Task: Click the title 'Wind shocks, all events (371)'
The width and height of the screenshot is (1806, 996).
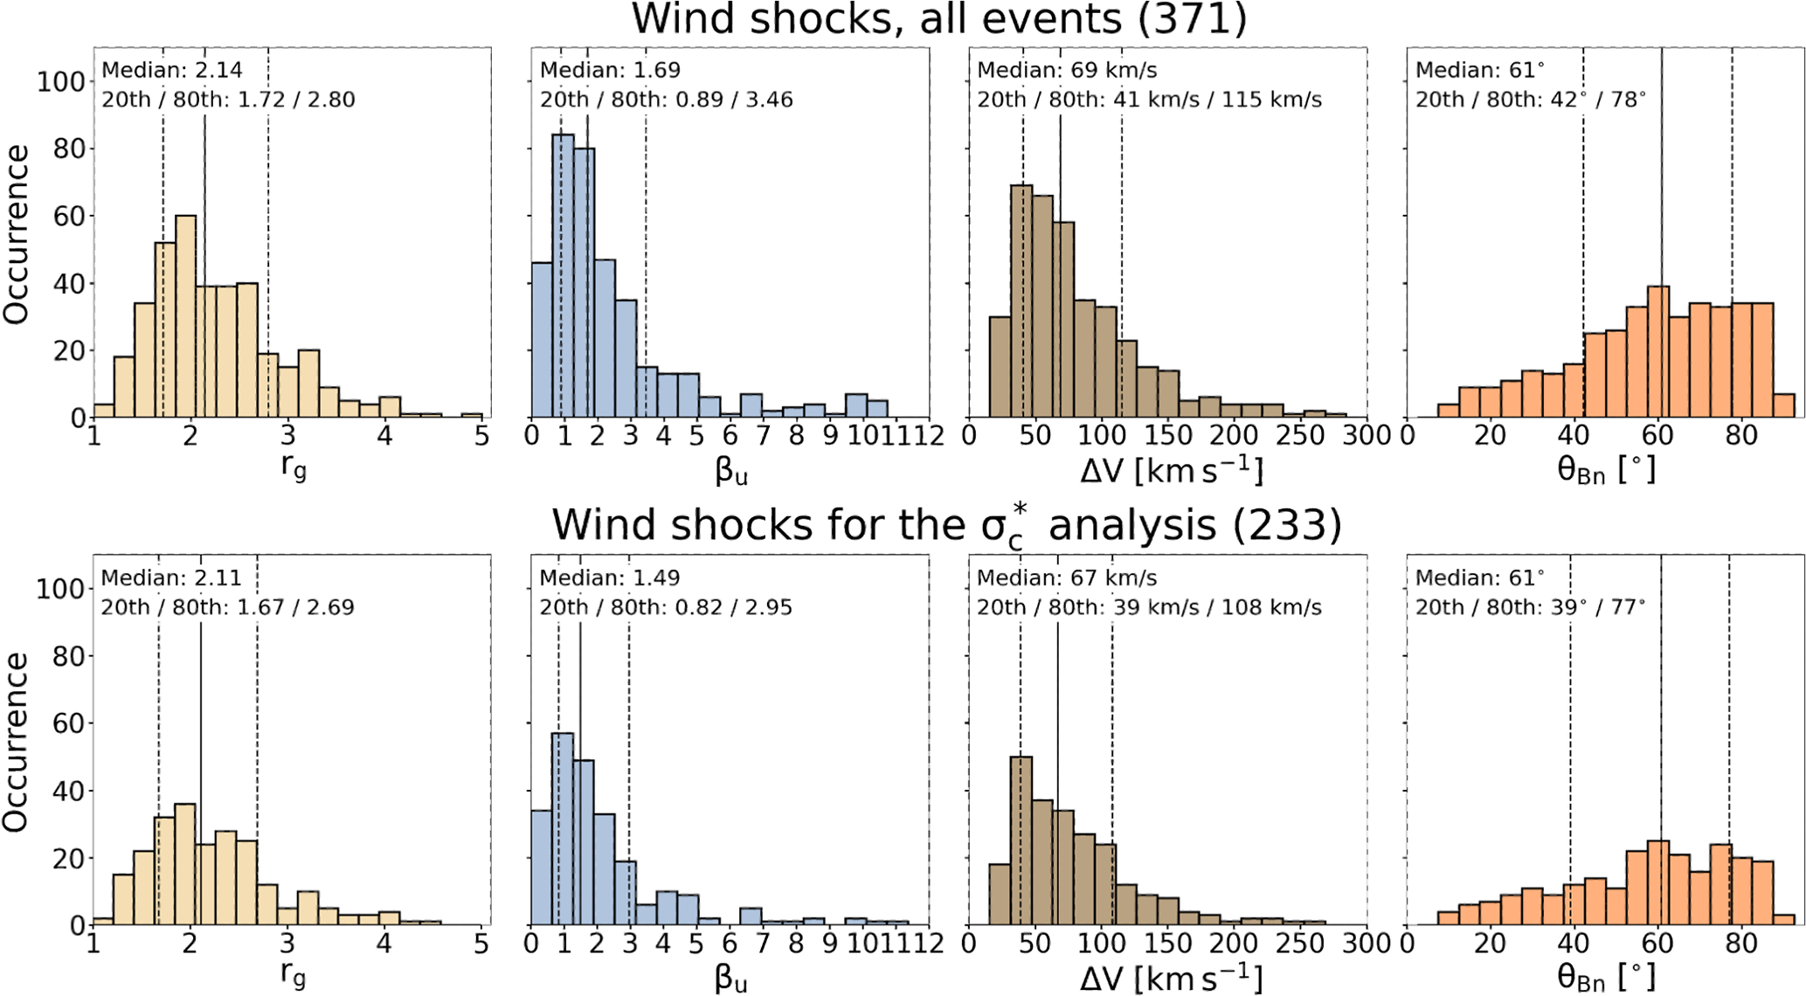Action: point(939,19)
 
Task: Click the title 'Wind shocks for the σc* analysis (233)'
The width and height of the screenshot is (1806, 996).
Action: point(946,526)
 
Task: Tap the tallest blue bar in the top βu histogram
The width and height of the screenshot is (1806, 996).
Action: point(564,275)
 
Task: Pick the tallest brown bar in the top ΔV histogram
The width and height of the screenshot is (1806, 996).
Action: point(1021,301)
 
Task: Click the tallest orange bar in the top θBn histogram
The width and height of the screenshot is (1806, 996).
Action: point(1657,351)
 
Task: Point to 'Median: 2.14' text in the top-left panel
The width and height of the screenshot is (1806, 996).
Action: point(172,70)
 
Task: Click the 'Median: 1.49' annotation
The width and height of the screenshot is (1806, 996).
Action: point(609,578)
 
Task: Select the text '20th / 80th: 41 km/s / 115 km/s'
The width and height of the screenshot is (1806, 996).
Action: point(1149,100)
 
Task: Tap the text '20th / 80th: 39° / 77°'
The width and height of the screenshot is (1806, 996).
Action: point(1530,607)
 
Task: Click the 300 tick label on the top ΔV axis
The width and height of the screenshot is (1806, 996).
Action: point(1367,435)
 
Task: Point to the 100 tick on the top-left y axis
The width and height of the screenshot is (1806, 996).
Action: point(60,82)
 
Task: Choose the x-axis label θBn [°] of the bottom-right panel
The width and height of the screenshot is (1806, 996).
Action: point(1606,977)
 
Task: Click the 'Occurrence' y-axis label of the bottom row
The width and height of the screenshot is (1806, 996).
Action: point(16,742)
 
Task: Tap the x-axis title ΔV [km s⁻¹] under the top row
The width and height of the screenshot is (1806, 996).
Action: point(1171,471)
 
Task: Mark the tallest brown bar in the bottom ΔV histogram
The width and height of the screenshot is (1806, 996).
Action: point(1021,840)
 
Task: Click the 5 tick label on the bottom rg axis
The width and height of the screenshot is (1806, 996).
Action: point(481,944)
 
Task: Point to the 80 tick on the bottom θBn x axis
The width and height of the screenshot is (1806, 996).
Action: point(1740,944)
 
